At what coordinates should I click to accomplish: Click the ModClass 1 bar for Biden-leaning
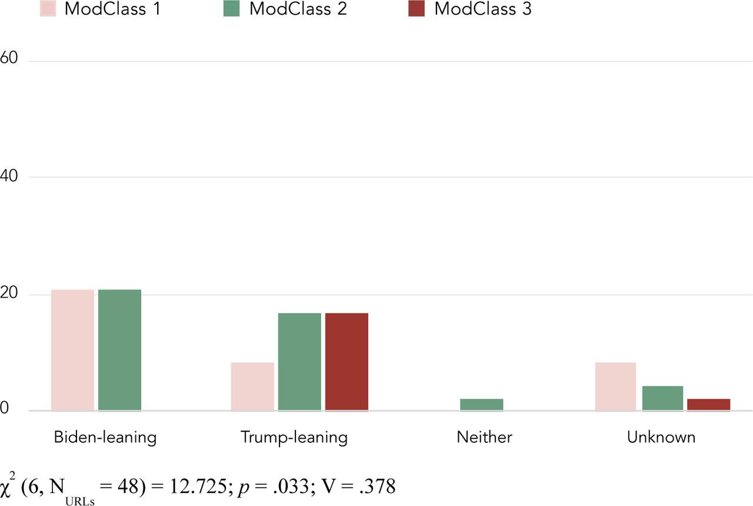tap(72, 350)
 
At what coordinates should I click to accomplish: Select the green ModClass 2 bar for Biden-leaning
tap(119, 350)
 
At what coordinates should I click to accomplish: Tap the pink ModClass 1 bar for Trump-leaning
tap(252, 386)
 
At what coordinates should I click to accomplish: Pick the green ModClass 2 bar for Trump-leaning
tap(299, 362)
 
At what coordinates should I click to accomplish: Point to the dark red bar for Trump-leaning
tap(346, 362)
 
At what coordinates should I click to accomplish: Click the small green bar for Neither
tap(481, 405)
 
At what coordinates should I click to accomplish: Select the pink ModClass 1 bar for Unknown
tap(615, 386)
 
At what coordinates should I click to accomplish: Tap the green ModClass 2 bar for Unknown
tap(662, 398)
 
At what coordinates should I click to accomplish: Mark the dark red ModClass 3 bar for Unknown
tap(708, 405)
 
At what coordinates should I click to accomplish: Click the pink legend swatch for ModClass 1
tap(47, 9)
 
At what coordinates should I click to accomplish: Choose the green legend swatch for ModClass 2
tap(232, 9)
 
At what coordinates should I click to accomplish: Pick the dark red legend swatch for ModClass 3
tap(416, 9)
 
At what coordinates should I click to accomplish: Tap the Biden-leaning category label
tap(105, 438)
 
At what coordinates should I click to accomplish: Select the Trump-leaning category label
tap(294, 438)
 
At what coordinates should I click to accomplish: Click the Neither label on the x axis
tap(484, 438)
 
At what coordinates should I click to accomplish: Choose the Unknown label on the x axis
tap(661, 438)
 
